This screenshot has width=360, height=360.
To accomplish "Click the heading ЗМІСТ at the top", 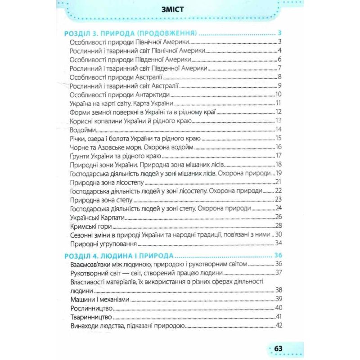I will tap(180, 9).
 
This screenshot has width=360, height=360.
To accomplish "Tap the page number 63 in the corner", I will tap(278, 349).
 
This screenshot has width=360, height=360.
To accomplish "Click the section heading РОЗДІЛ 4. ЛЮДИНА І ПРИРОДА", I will tap(117, 256).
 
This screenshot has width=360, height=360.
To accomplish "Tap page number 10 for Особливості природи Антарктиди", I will tap(278, 94).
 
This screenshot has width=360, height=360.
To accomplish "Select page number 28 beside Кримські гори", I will tap(278, 225).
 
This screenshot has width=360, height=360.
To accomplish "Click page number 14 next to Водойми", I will tap(278, 130).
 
